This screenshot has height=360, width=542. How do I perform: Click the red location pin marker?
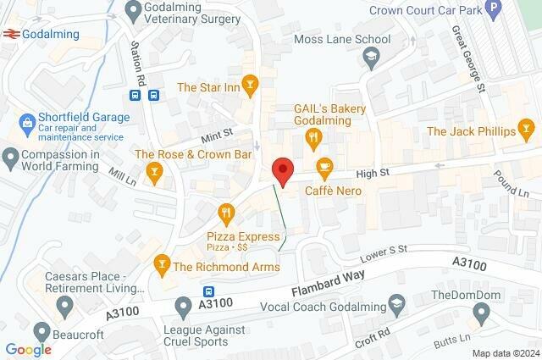point(282,171)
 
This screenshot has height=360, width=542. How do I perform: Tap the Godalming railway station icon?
point(11,35)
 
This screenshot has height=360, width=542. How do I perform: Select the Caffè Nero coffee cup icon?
point(324,166)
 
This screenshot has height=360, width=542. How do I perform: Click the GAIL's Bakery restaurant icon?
point(314,136)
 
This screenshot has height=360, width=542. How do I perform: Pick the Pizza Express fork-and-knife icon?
point(225,212)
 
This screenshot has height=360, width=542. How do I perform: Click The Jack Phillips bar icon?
point(527,130)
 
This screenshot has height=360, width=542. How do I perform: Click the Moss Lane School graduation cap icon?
point(370,58)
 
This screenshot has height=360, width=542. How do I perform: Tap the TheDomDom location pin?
point(482,315)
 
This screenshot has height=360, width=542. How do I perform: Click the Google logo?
point(28,349)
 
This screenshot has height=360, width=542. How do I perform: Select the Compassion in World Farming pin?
point(10,156)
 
